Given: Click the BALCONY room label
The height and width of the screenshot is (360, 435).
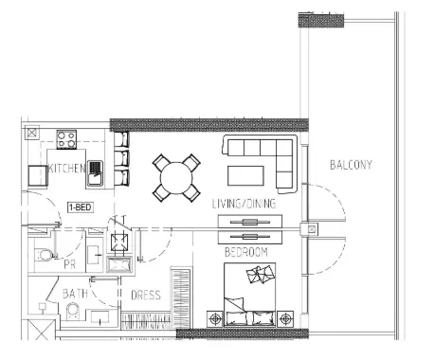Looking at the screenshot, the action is click(x=351, y=165).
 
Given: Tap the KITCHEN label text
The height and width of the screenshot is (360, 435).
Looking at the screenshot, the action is click(x=66, y=169).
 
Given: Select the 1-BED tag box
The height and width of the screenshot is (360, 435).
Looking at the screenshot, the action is click(x=81, y=207).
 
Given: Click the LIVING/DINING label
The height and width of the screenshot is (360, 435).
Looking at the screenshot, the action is click(x=244, y=204).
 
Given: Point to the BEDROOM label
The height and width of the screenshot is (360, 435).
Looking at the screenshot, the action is click(x=246, y=252).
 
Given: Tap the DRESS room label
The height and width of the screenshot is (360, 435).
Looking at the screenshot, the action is click(x=146, y=295).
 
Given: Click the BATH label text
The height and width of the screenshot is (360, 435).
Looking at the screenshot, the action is click(x=75, y=294).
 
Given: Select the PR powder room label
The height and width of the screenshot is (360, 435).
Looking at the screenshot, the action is click(x=70, y=264).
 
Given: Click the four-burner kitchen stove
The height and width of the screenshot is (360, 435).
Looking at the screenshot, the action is click(x=66, y=139).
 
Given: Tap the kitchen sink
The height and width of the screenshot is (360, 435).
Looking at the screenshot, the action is click(x=95, y=173).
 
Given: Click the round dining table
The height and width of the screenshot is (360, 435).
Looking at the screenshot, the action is click(x=176, y=178).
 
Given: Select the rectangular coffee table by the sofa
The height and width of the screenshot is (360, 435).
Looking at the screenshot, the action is click(x=245, y=176).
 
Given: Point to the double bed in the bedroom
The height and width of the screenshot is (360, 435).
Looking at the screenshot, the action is click(x=249, y=295).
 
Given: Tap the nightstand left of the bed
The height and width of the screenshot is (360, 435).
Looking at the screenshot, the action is click(x=215, y=319).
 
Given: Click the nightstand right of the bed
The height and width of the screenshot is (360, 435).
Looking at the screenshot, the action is click(x=285, y=319).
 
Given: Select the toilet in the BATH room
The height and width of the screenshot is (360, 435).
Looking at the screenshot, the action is click(x=73, y=312).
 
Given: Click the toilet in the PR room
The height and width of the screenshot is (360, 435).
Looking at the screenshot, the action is click(x=44, y=255).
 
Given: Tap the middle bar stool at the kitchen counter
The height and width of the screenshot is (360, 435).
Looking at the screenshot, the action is click(x=121, y=158).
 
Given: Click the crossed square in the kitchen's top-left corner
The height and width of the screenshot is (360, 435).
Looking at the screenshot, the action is click(x=31, y=133).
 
